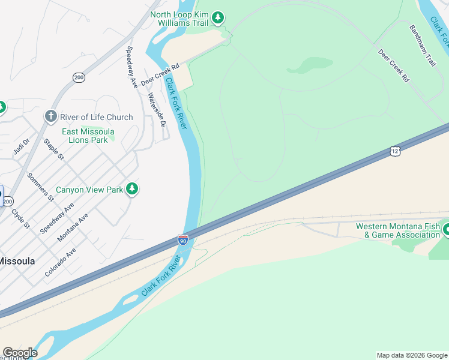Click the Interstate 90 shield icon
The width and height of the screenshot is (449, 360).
coord(183,241)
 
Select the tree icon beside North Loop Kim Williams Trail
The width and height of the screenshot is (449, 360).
coord(218,18)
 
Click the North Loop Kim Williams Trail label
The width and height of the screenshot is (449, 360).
coord(179,18)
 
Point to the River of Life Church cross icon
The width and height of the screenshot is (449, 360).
coord(51,116)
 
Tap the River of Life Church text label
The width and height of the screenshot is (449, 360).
coord(96,117)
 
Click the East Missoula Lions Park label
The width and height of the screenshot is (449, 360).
coord(85,136)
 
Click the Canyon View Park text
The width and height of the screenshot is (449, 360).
coord(89,190)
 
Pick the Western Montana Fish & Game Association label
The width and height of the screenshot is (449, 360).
coord(397,230)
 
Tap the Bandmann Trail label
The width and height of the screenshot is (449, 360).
coord(423,46)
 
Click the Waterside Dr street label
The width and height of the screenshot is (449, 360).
coord(156,110)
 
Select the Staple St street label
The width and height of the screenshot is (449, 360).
coord(53,149)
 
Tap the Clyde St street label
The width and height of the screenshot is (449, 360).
coord(20,218)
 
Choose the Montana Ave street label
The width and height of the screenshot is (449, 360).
coord(73,227)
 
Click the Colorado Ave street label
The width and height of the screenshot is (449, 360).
coord(59,262)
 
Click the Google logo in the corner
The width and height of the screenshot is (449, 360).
coord(20,353)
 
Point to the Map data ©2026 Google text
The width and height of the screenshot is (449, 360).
coord(412,355)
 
